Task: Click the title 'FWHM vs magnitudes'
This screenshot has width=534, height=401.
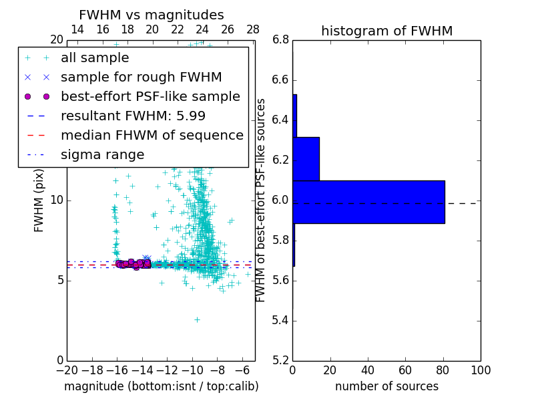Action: [x=152, y=15]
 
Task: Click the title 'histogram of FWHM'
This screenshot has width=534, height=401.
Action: [x=386, y=31]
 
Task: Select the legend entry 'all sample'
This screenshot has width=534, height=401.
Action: [x=95, y=58]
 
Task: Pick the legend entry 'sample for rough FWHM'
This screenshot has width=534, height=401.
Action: [x=141, y=78]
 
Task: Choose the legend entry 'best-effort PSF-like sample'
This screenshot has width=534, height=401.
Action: [x=150, y=97]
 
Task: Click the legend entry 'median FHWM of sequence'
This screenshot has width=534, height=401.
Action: [x=152, y=136]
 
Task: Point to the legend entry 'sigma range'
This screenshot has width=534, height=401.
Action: [x=102, y=155]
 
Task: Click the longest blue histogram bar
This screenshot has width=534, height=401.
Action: [x=368, y=202]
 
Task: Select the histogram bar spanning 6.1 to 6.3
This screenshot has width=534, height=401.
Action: [x=306, y=158]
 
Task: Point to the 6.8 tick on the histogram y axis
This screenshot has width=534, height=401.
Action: [x=280, y=40]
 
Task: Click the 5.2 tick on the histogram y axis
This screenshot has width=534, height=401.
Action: [x=280, y=360]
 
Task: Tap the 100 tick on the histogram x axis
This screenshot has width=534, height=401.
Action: [x=481, y=370]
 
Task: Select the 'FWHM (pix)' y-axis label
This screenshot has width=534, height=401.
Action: [x=39, y=200]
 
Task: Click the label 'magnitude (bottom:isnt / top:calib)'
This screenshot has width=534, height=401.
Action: [x=161, y=386]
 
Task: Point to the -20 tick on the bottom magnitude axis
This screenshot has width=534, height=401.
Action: [x=67, y=370]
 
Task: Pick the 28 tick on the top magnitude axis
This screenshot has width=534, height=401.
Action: [x=253, y=29]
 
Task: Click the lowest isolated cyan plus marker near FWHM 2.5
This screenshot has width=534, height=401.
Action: [x=197, y=319]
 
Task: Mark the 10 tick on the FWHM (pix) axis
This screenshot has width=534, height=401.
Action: [x=56, y=200]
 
